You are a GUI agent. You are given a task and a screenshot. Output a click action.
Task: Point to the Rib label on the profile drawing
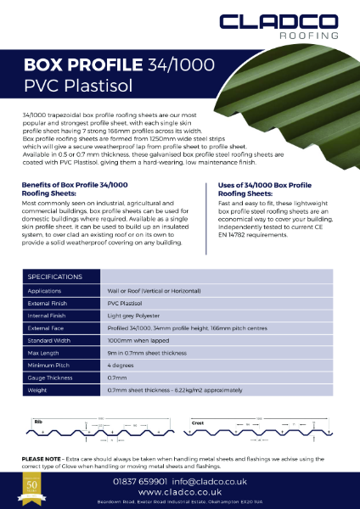(37, 421)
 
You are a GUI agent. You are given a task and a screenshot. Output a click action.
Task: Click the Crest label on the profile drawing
(198, 421)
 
